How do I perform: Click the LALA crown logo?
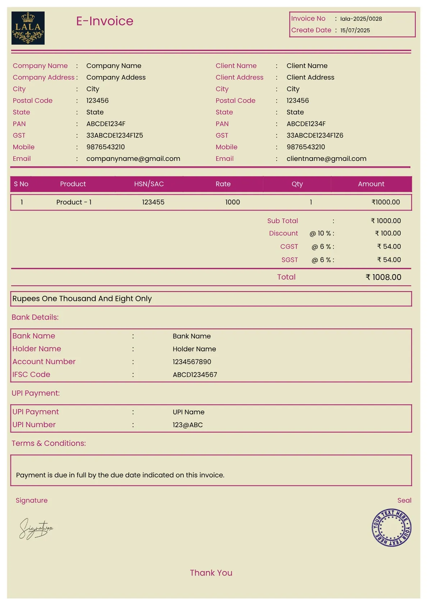28,28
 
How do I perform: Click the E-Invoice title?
105,21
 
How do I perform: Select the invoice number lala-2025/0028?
361,19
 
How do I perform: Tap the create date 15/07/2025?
355,31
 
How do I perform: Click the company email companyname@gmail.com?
133,159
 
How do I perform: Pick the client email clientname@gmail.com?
326,159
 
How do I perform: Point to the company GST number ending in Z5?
114,135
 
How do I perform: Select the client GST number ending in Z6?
315,135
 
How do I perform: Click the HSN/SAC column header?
149,184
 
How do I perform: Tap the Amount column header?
371,184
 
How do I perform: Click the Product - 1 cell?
74,202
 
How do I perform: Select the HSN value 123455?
153,202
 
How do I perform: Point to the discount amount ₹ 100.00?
388,233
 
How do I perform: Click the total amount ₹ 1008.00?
383,277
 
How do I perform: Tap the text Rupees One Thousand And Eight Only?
82,299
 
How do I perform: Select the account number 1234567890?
192,362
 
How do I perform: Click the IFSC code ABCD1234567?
195,375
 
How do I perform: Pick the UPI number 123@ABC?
187,425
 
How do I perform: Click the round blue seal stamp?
391,528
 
